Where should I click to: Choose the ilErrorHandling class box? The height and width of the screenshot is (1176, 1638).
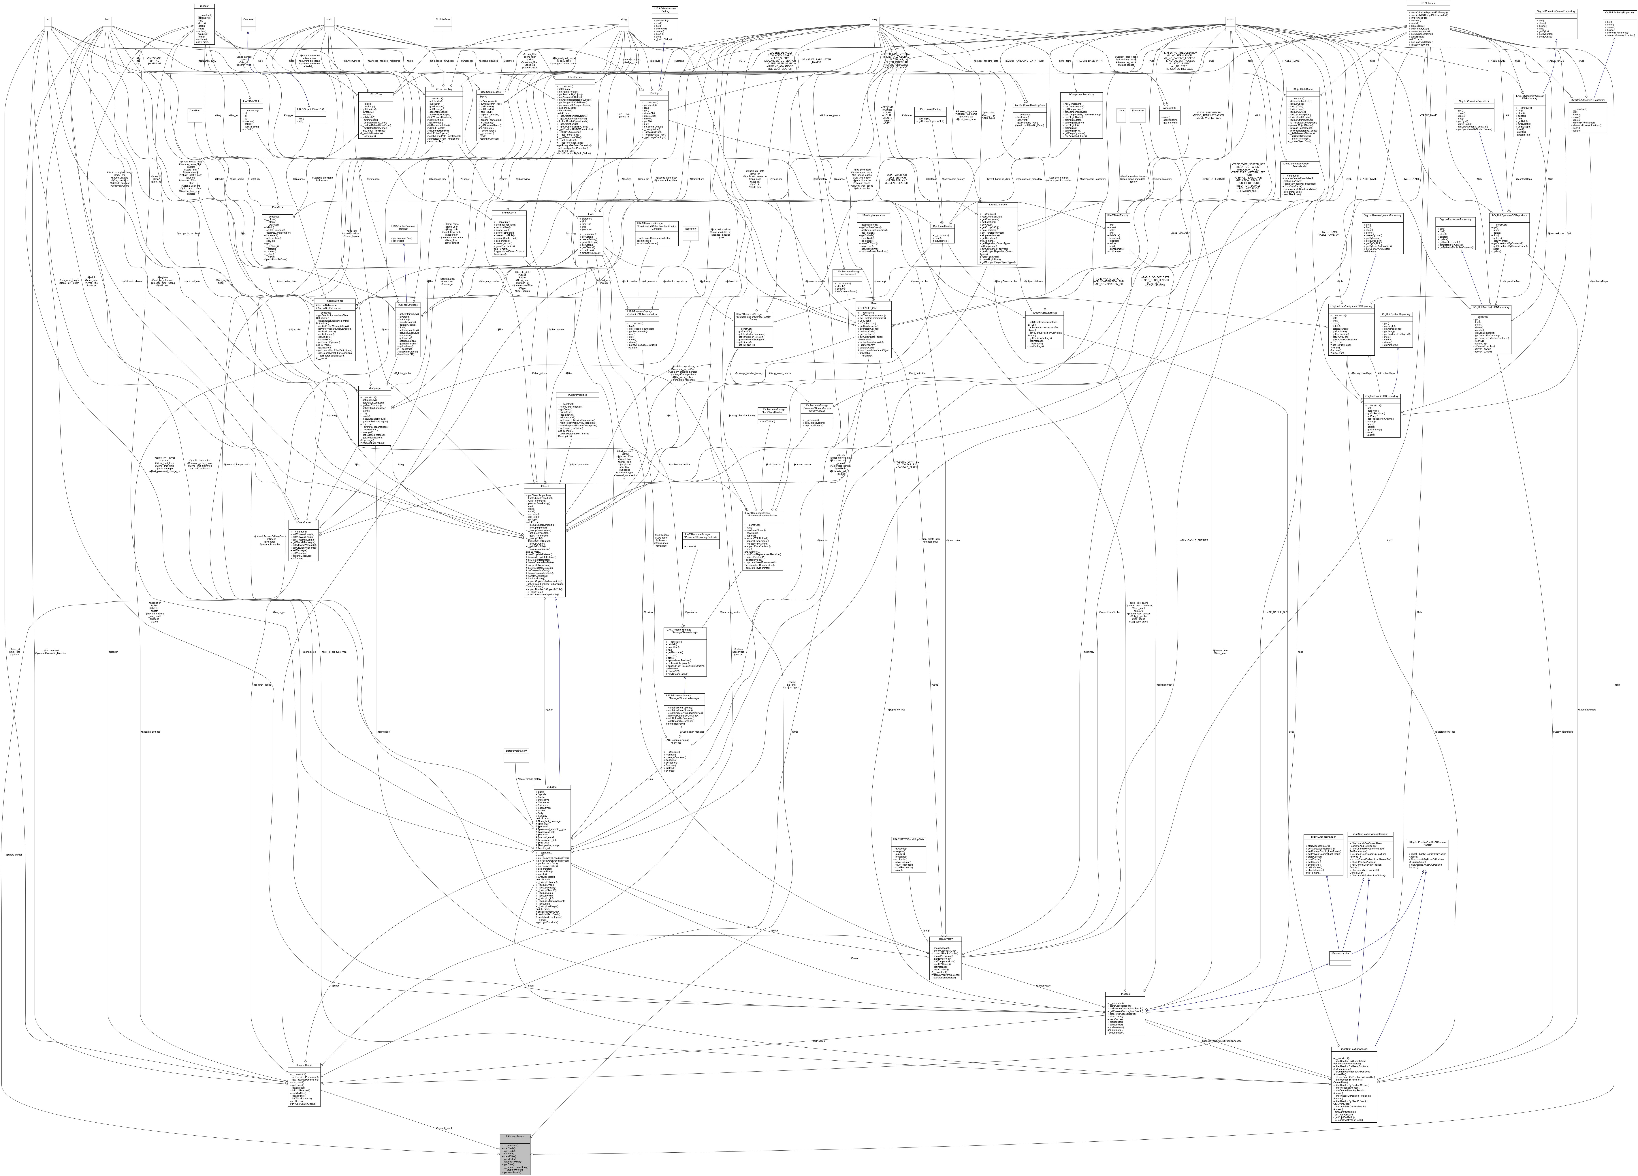pos(443,116)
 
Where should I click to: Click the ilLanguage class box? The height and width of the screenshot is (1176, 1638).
pos(375,415)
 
